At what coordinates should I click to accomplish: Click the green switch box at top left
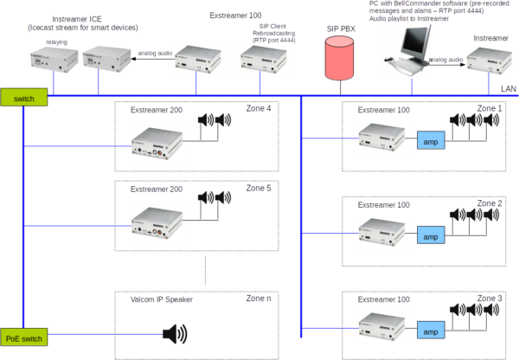point(23,99)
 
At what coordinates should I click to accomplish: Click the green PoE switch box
point(23,338)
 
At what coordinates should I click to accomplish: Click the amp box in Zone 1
point(429,140)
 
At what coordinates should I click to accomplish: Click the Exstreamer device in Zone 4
point(157,144)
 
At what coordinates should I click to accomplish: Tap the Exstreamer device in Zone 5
point(157,222)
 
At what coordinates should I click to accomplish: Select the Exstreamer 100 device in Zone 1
point(377,137)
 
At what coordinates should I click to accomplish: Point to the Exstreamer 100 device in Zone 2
point(377,232)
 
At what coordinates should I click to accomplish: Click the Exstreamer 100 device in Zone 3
point(377,326)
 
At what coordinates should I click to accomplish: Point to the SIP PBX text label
point(338,29)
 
